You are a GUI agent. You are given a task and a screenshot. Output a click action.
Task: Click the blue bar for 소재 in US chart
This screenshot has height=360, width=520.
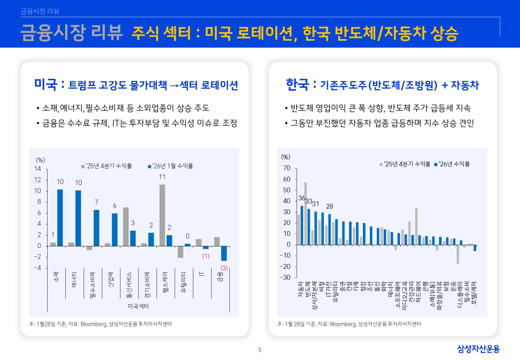pos(60,218)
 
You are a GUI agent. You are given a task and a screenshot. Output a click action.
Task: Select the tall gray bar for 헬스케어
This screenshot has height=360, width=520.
pos(162,215)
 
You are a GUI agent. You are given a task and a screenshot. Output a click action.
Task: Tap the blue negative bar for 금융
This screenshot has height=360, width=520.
pos(224,253)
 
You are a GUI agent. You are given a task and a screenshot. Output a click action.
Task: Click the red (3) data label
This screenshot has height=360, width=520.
pos(224,268)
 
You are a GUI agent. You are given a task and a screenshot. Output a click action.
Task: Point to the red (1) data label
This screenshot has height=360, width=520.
pos(206,256)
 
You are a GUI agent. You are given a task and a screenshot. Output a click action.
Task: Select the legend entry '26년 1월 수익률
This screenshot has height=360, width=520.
pos(171,166)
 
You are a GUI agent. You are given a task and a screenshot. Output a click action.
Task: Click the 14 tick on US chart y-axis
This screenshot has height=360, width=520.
pos(38,169)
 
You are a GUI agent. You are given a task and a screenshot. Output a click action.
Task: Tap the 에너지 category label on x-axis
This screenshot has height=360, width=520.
pos(74,280)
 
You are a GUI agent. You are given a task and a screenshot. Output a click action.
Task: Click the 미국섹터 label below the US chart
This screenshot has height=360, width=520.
pos(138,306)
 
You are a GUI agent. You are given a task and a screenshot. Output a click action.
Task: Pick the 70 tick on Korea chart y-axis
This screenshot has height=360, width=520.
pos(287,168)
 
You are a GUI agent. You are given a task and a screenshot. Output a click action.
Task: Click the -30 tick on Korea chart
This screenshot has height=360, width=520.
pos(285,277)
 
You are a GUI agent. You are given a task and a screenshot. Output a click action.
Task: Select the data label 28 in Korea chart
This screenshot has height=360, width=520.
pos(330,206)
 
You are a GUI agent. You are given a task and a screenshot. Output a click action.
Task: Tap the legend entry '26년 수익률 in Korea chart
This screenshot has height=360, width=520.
pos(452,164)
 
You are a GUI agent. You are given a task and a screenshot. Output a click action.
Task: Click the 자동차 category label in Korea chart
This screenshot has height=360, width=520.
pos(300,289)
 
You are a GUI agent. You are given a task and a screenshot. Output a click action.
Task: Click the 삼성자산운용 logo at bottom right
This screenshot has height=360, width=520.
pos(478,349)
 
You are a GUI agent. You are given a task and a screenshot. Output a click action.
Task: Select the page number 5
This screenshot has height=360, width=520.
pos(260,350)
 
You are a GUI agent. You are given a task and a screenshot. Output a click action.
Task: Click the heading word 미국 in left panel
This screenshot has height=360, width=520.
pos(46,84)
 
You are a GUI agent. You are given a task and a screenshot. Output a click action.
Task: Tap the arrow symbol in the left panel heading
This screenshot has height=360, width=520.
pos(174,86)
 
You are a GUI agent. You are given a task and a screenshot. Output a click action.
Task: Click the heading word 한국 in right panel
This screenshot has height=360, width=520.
pos(297,84)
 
